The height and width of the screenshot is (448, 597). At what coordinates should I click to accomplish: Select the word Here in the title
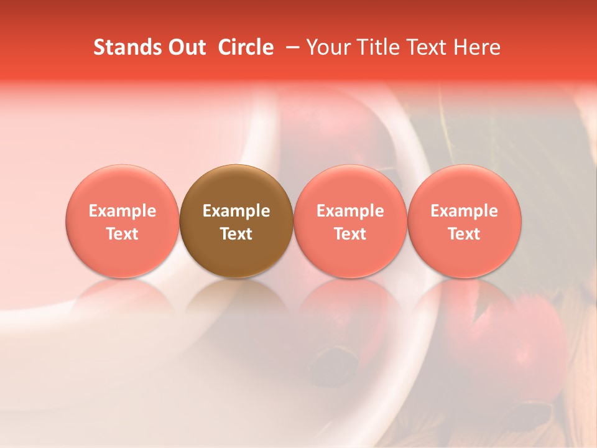(x=476, y=47)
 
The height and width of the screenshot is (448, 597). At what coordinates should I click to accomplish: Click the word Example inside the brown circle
(x=236, y=211)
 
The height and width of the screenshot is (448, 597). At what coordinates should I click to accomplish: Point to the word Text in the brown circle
(x=236, y=234)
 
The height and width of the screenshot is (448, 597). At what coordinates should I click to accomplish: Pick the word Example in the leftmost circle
(x=123, y=211)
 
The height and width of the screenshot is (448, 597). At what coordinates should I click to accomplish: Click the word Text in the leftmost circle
(x=123, y=234)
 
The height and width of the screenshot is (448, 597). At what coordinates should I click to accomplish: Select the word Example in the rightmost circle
(x=465, y=211)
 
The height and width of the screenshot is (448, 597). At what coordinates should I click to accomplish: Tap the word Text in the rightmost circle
(x=465, y=234)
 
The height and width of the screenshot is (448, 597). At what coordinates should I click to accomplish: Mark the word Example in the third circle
(x=350, y=211)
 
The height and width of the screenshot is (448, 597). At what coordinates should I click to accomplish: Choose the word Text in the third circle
(x=350, y=234)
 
